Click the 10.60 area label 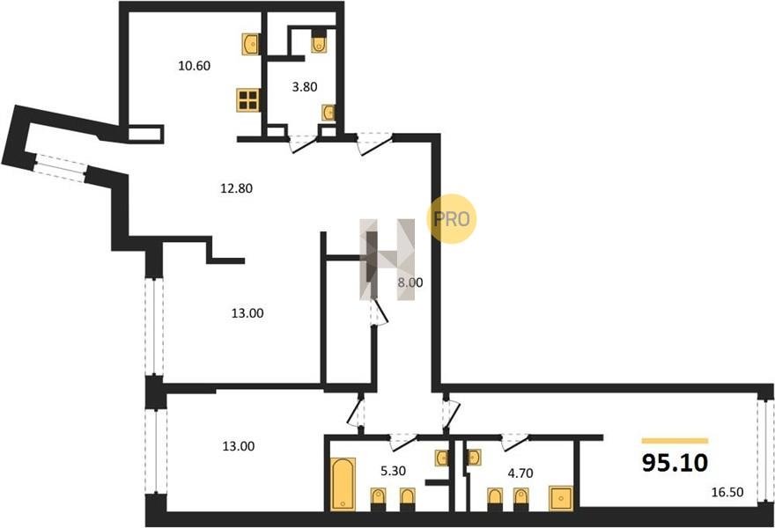(x=195, y=66)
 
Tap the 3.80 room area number (x=305, y=87)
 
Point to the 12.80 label (x=236, y=188)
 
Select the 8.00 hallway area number (x=410, y=283)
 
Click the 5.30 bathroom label (x=393, y=471)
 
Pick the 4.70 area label (x=520, y=473)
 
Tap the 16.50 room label (x=727, y=493)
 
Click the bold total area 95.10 (x=675, y=463)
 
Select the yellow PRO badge (x=451, y=219)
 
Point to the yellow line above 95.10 (x=675, y=441)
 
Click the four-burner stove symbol (x=248, y=100)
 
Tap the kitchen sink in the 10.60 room (x=251, y=44)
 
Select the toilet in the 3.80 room (x=320, y=42)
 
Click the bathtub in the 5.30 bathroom (x=343, y=483)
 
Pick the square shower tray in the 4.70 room (x=561, y=498)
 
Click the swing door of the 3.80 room (x=302, y=143)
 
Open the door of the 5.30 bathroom (x=403, y=442)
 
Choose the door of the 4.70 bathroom (x=514, y=442)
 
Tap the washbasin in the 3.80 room (x=328, y=113)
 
